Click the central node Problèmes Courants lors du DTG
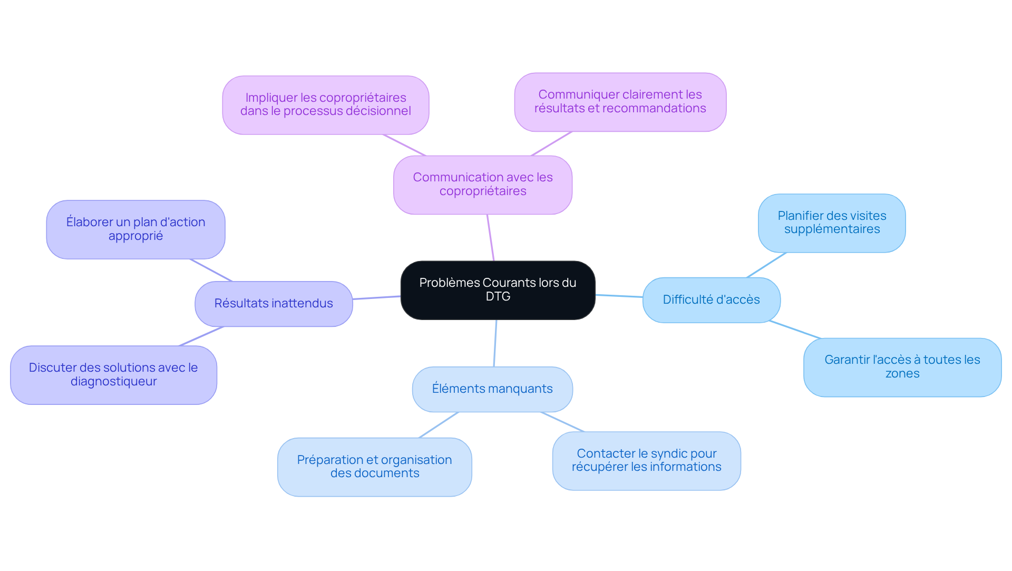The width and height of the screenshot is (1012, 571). coord(498,290)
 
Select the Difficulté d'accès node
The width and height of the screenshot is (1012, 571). coord(711,300)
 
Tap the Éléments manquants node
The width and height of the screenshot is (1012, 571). coord(492,389)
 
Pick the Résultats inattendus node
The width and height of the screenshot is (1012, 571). coord(274,304)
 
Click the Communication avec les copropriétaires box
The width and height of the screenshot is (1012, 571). coord(482,185)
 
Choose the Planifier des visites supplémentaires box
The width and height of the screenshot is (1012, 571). coord(832,223)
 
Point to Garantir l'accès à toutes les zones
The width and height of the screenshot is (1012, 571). coord(902,367)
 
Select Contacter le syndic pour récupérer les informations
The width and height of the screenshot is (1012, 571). coord(646,461)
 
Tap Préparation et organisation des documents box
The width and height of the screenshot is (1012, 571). coord(374,467)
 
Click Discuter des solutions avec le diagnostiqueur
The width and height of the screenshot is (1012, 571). coord(113,375)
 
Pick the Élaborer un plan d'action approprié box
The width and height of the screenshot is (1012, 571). coord(135,229)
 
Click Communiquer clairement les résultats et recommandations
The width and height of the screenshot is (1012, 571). coord(620,102)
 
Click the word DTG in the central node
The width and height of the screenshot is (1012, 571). coord(498,297)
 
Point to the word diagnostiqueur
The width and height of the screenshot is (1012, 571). coord(114,382)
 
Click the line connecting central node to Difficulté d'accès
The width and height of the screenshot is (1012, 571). coord(619,296)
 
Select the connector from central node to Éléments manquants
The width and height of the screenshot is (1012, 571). coord(495,343)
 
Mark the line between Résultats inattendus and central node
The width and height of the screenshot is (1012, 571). coord(376,298)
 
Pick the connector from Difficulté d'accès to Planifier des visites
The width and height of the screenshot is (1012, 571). coord(766,265)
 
